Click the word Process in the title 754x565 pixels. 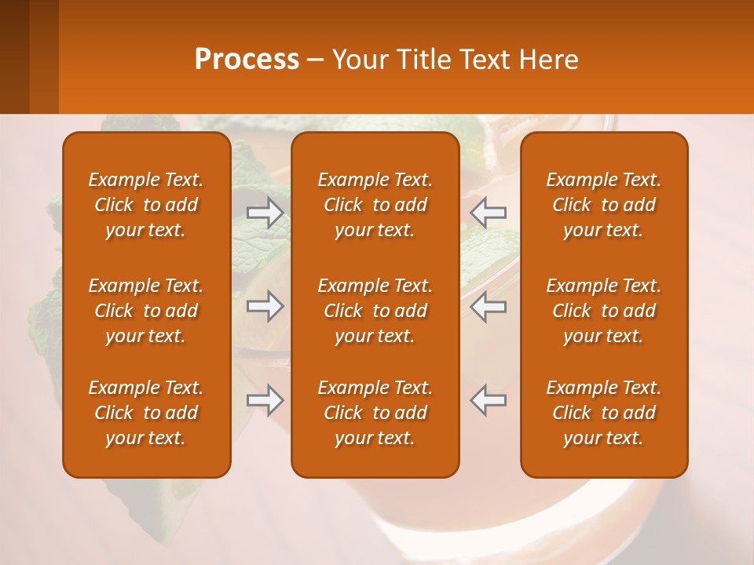pos(247,60)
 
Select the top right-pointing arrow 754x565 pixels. pos(265,213)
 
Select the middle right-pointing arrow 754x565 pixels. pos(265,306)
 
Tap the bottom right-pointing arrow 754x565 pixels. pos(265,400)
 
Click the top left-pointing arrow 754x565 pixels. pos(488,213)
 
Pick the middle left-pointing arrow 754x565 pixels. pos(488,306)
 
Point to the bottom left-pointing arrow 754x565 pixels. pos(488,400)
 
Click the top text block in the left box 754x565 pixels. pos(146,205)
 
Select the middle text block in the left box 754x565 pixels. pos(146,311)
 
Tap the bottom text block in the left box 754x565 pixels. pos(146,413)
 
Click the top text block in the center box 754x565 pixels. pos(375,205)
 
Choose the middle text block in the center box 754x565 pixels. pos(375,311)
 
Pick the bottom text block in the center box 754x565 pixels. pos(375,413)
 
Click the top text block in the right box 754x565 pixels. pos(603,205)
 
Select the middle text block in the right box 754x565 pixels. pos(603,311)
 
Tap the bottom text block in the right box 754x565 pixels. pos(603,413)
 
